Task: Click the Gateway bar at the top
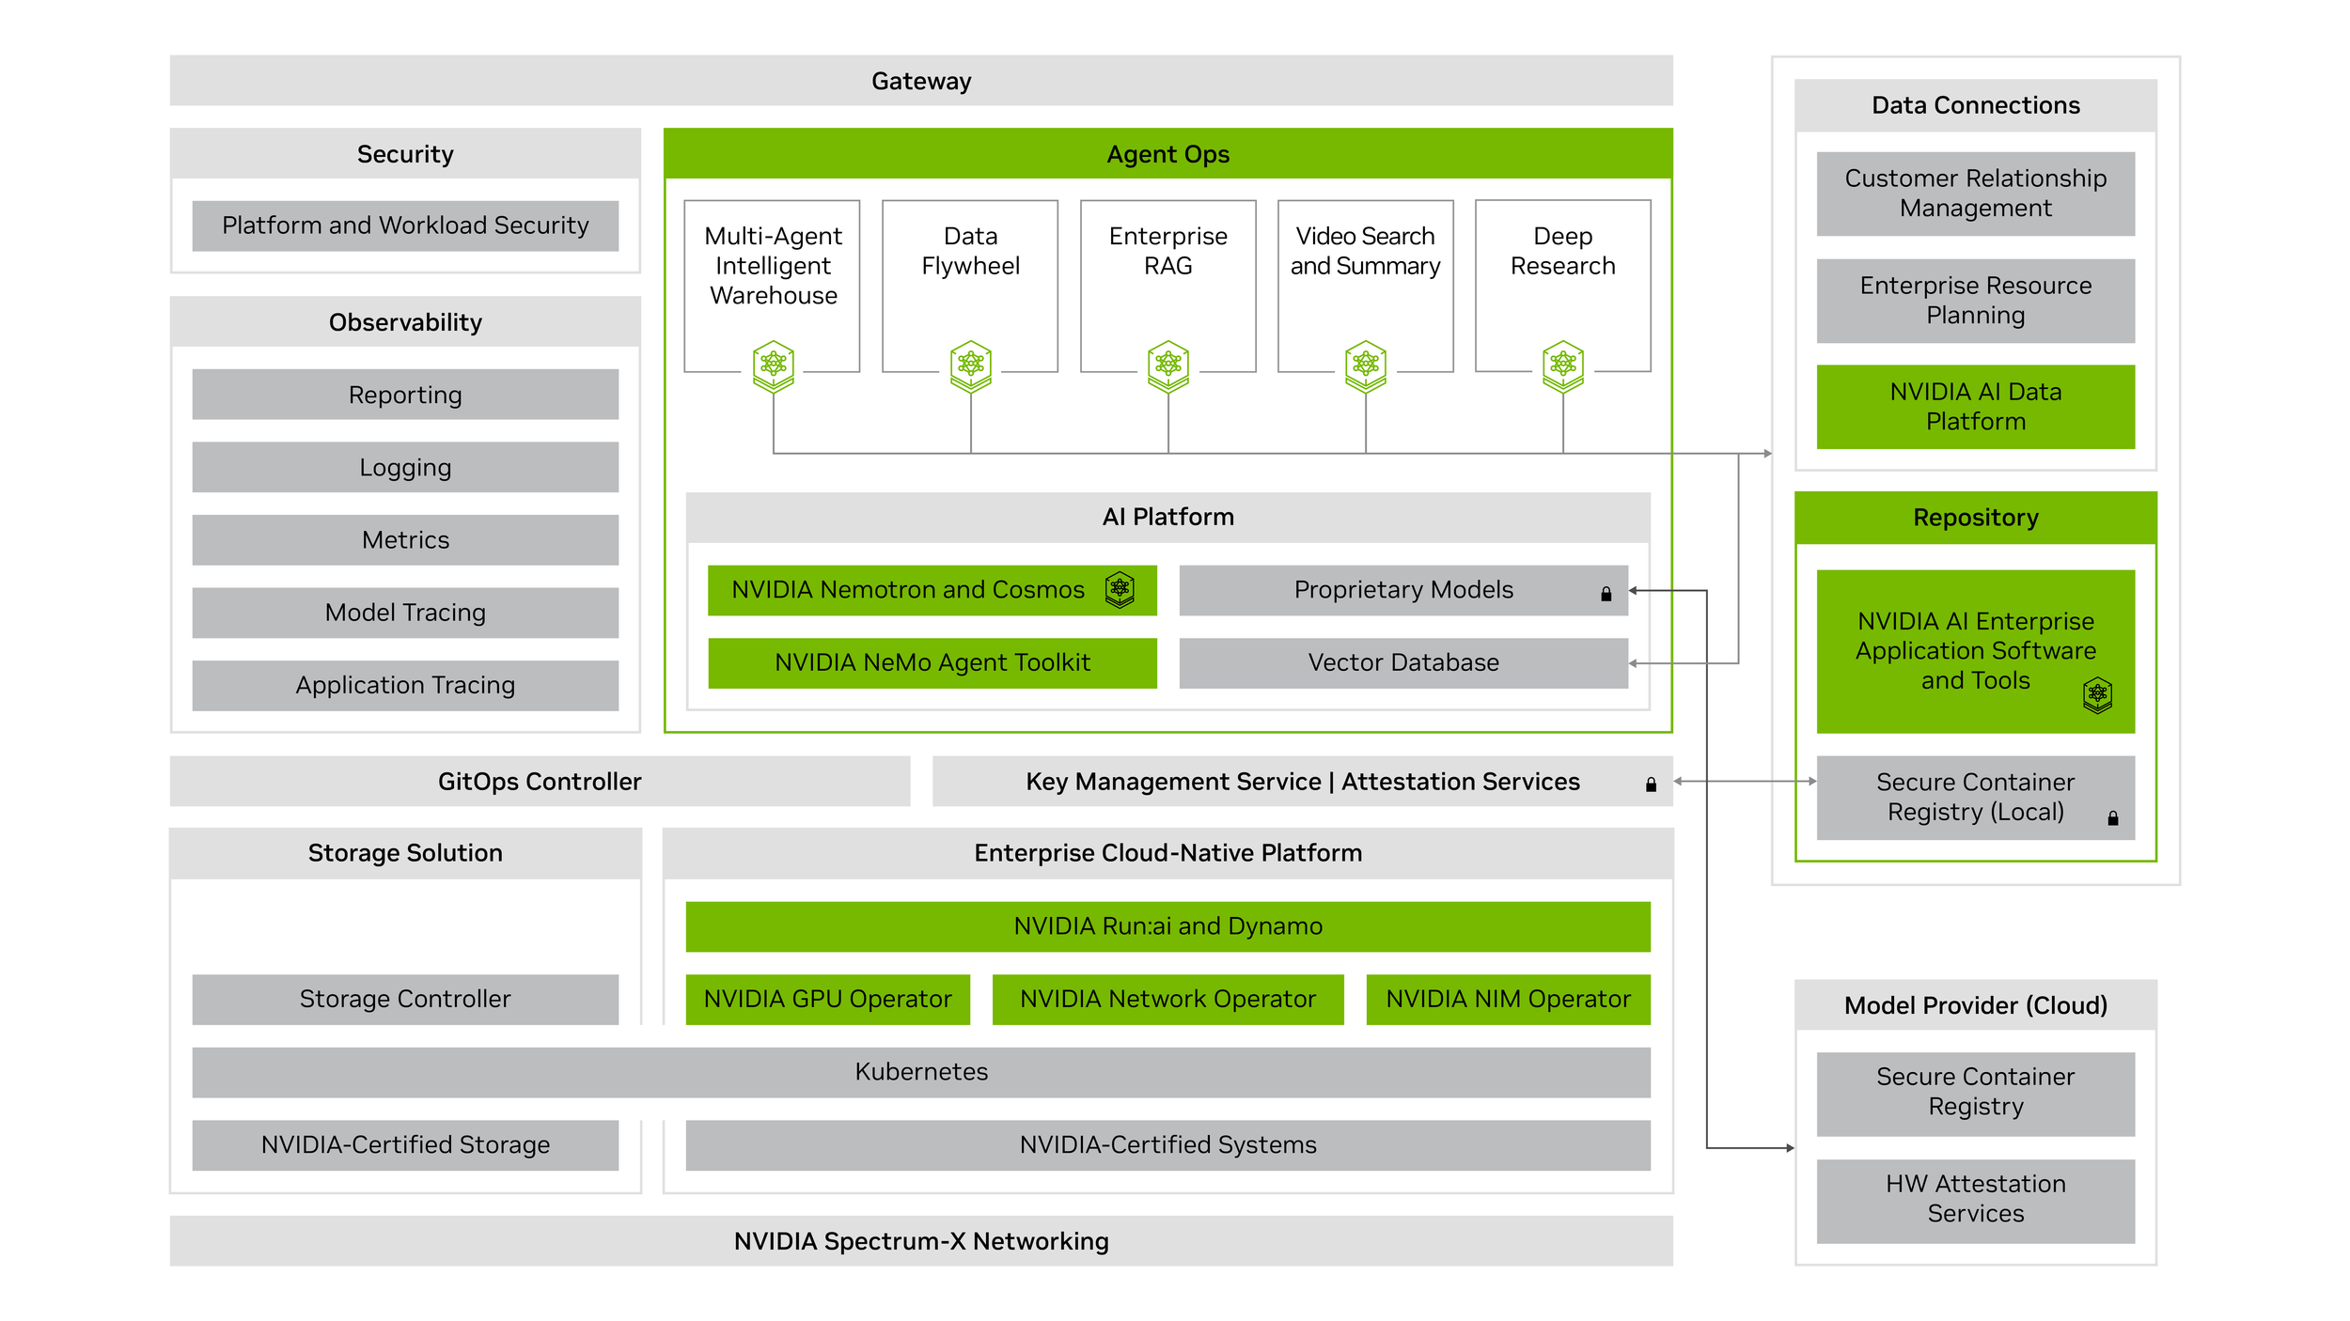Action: [x=921, y=81]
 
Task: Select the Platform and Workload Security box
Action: [x=405, y=225]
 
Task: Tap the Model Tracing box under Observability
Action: [x=405, y=613]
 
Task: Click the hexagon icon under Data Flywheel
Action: [x=971, y=365]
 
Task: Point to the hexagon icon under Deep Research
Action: [x=1563, y=365]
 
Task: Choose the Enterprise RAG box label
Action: [x=1168, y=251]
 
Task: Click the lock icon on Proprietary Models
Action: [x=1606, y=594]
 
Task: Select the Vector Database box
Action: [x=1403, y=663]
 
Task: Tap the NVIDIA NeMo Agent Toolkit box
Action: [x=932, y=663]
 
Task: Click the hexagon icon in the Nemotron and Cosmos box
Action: [x=1120, y=590]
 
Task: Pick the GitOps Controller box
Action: [x=540, y=782]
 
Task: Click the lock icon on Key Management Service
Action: [x=1651, y=785]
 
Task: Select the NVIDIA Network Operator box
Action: [x=1168, y=1000]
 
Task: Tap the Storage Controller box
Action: [x=405, y=1000]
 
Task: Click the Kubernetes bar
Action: [x=921, y=1072]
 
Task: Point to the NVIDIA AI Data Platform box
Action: [x=1976, y=407]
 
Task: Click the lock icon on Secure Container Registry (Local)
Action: [x=2113, y=818]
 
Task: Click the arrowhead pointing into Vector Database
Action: [x=1634, y=663]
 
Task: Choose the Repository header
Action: [x=1976, y=518]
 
